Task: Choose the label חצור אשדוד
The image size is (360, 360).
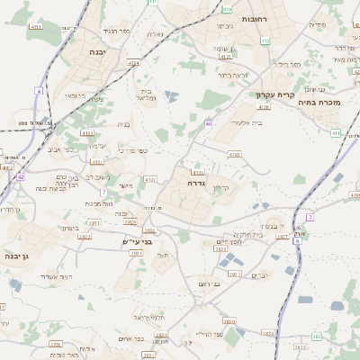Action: click(x=66, y=276)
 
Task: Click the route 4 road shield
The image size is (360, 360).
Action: click(x=40, y=92)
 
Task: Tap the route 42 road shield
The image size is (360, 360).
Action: click(x=20, y=177)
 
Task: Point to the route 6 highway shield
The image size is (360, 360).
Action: click(x=297, y=241)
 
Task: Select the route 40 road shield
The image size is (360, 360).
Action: click(x=209, y=123)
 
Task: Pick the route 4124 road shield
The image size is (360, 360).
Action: click(x=133, y=63)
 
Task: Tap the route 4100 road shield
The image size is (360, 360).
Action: click(x=234, y=155)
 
